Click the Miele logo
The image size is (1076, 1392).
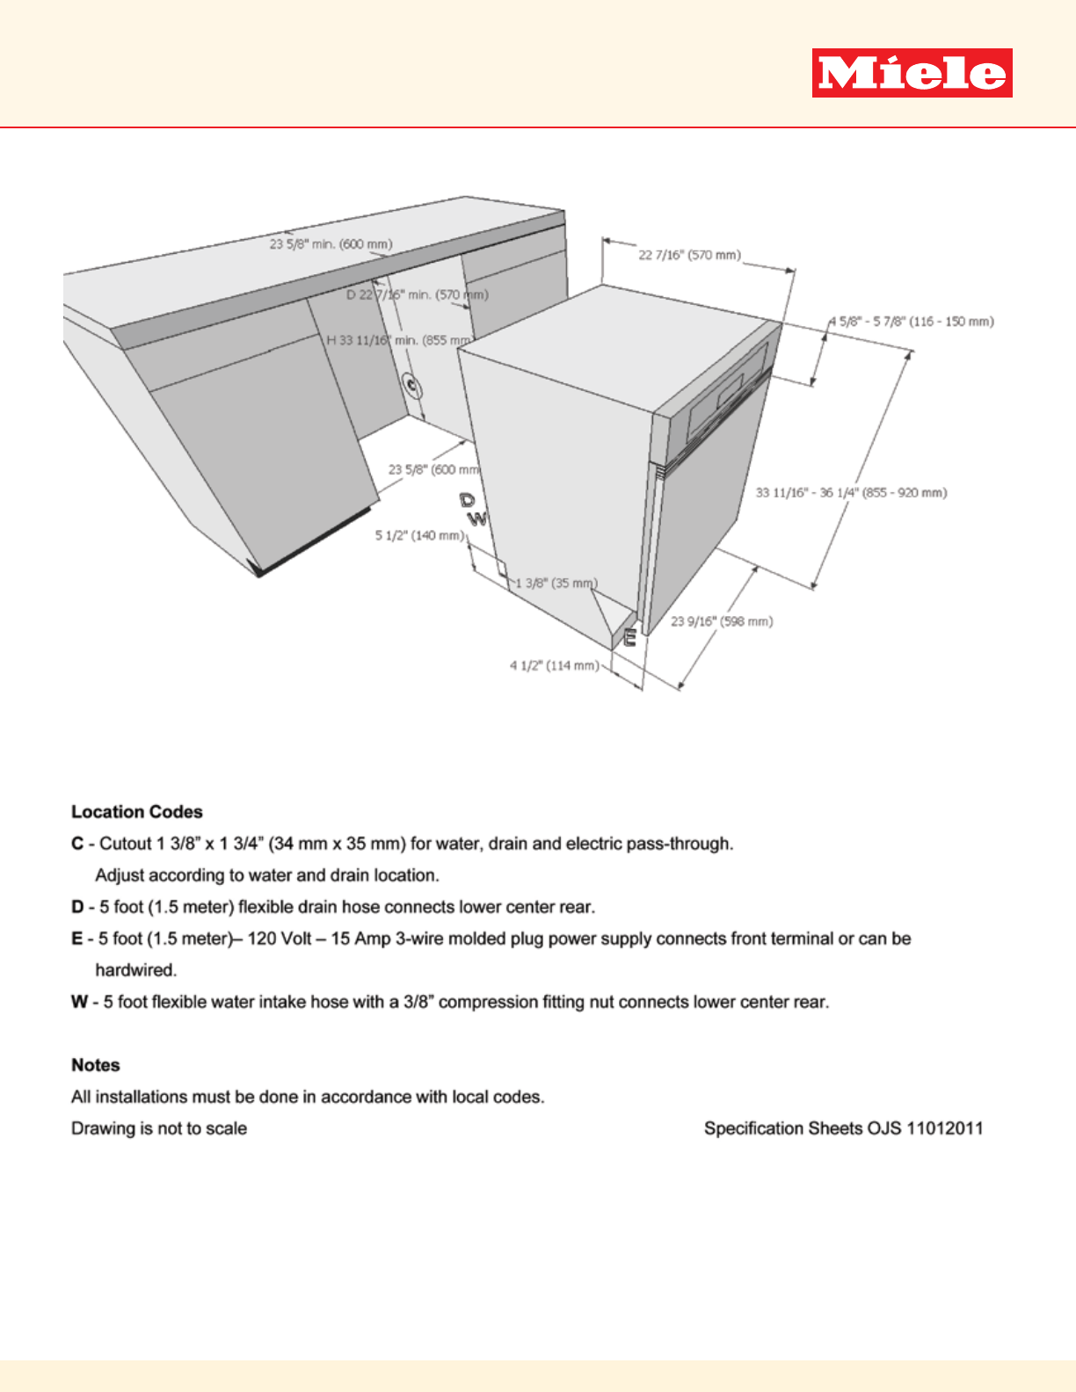pos(912,73)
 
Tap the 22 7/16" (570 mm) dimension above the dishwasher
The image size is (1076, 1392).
pos(689,255)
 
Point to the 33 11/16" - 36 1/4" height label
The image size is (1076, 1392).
pos(851,493)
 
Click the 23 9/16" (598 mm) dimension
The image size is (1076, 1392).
pos(722,621)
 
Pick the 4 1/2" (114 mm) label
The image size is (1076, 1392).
pos(554,665)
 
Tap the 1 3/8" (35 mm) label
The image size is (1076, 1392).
pos(556,583)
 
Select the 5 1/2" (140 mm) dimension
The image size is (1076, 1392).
pos(419,535)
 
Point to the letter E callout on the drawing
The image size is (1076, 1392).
pos(629,637)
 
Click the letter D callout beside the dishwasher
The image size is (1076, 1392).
pos(467,500)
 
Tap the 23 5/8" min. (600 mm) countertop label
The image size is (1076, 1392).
pos(331,244)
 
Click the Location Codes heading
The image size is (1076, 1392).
pos(137,812)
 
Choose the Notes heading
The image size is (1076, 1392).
pos(96,1065)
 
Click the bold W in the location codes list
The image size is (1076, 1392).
pos(79,1002)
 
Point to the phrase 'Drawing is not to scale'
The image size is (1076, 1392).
pos(159,1128)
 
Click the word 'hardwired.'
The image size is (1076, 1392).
pos(136,970)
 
